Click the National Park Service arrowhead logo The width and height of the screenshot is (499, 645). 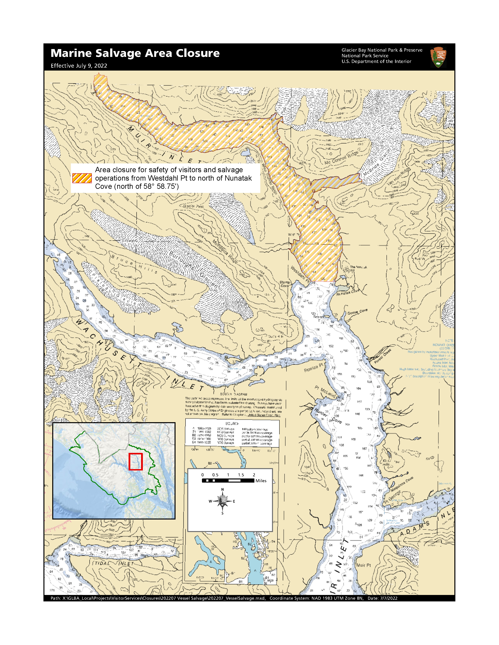[438, 57]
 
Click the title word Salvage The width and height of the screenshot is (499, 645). [118, 53]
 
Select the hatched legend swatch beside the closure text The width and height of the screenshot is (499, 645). [82, 178]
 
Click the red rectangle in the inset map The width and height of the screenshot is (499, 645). [136, 462]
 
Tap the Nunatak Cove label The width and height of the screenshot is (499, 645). [348, 292]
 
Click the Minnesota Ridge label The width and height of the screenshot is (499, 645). [225, 251]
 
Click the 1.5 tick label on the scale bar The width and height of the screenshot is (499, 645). [241, 475]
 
